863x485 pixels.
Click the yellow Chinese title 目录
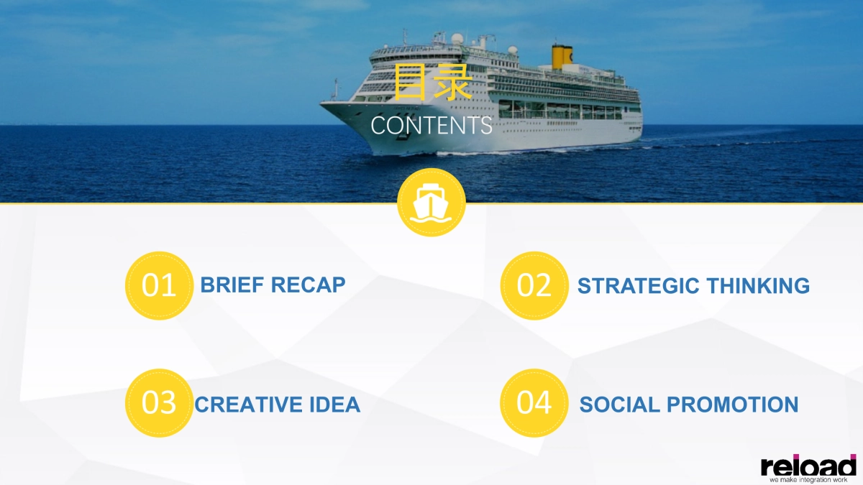(x=433, y=82)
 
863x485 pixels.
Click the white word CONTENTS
(x=431, y=126)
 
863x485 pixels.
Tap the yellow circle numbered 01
(x=159, y=286)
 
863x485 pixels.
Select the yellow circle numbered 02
(x=534, y=286)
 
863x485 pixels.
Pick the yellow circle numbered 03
(x=159, y=403)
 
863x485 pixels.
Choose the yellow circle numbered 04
(x=534, y=403)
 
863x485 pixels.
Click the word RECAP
(x=309, y=285)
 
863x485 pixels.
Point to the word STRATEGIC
(x=639, y=286)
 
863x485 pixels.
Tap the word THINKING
(x=758, y=286)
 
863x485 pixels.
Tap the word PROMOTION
(x=732, y=405)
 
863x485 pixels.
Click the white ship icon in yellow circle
(x=431, y=203)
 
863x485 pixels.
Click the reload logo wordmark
(x=808, y=466)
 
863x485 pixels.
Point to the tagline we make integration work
(x=808, y=480)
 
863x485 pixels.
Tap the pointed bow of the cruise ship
(x=321, y=103)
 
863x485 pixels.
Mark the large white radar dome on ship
(x=457, y=39)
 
